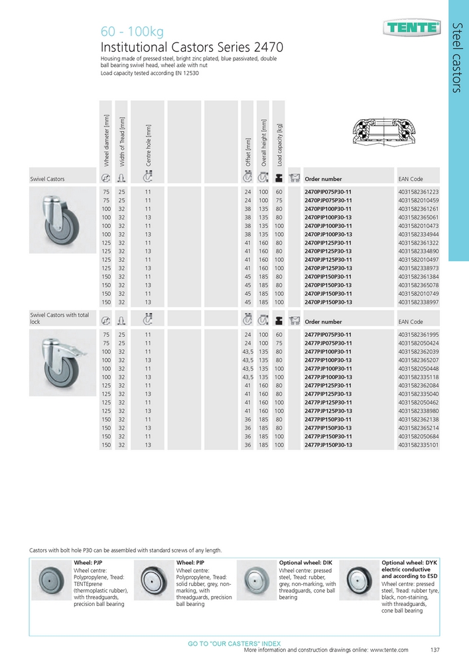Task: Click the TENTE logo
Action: pos(411,27)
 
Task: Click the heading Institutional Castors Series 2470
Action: pos(192,48)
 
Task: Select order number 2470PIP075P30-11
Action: pos(332,191)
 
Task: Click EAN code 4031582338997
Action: pos(419,302)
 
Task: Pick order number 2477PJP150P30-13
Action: pos(332,445)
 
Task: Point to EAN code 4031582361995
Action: pos(419,335)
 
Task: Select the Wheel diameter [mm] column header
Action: pos(106,140)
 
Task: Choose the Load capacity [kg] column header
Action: pos(280,144)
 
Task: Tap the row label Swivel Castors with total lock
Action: pos(60,318)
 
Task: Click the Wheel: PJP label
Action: pos(88,562)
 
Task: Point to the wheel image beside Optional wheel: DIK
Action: pos(255,575)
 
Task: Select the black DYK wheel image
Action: pos(359,575)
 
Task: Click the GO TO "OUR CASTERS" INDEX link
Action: pos(234,644)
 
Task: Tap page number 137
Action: pos(435,650)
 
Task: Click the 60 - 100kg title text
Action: pos(131,32)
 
